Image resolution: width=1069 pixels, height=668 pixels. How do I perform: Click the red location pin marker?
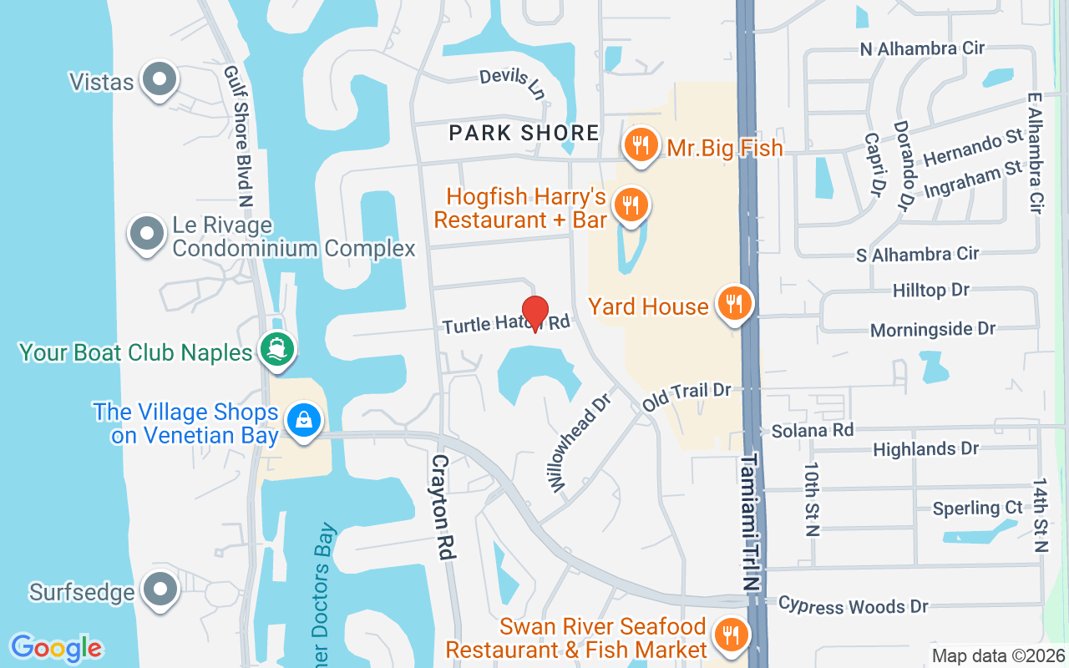(534, 314)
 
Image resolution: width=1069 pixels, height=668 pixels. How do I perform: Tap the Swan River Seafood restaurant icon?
(732, 635)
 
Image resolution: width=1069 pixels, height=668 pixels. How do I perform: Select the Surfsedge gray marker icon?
(159, 590)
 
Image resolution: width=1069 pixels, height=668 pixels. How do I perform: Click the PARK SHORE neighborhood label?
(524, 133)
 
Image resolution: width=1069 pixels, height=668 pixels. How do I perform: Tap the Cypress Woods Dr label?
(853, 605)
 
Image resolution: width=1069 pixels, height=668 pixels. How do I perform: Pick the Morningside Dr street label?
(933, 330)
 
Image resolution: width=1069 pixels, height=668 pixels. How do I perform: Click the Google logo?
(56, 647)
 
